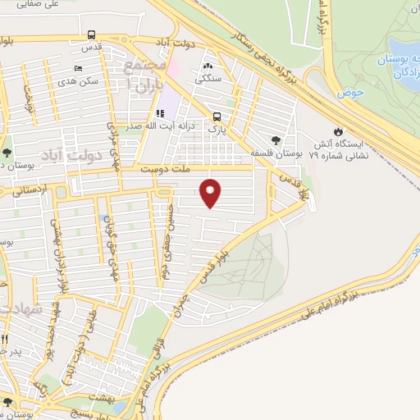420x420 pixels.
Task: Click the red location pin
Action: [212, 193]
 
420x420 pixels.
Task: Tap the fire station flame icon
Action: [338, 131]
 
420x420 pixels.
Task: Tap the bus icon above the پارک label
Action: [217, 116]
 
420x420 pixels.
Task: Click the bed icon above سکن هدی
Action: [77, 69]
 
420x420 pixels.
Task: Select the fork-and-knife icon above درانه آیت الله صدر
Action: [159, 114]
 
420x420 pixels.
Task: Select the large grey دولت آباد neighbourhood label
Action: [90, 154]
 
